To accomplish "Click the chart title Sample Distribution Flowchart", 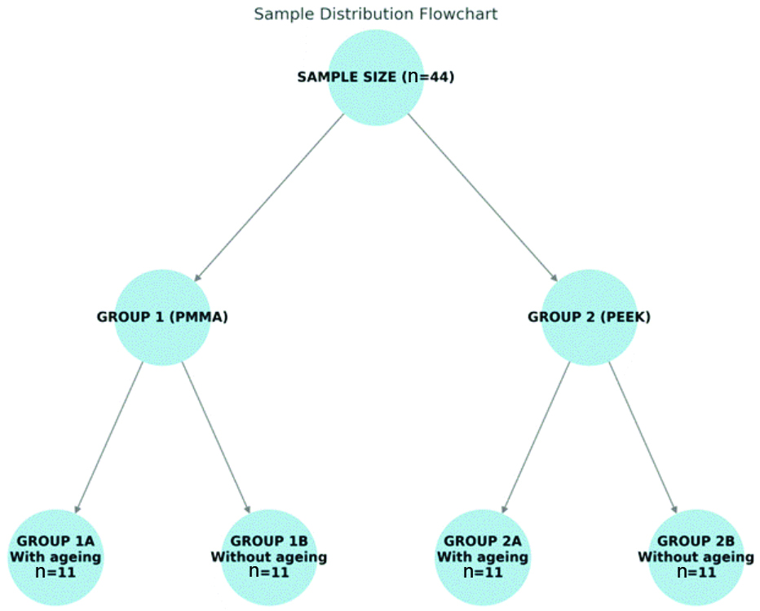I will [x=376, y=14].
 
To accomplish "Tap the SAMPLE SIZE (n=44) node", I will [x=376, y=77].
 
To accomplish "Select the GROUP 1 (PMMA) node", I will [x=162, y=317].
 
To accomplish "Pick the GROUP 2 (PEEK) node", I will [x=589, y=317].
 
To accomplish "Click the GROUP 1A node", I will [x=55, y=556].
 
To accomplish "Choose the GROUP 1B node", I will [x=269, y=556].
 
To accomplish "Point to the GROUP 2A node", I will [x=482, y=556].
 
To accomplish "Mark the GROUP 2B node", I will [x=696, y=556].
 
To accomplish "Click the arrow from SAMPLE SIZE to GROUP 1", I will [x=269, y=197].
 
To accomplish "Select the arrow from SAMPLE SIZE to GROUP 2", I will [x=482, y=197].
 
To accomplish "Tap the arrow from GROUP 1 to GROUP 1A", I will [x=108, y=437].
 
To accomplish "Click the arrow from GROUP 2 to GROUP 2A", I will [x=535, y=437].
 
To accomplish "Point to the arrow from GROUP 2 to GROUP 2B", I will [x=643, y=437].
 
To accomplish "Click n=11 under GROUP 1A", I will [x=55, y=572].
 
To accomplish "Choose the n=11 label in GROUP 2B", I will [x=696, y=572].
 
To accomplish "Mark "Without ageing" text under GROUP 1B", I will [x=269, y=557].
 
